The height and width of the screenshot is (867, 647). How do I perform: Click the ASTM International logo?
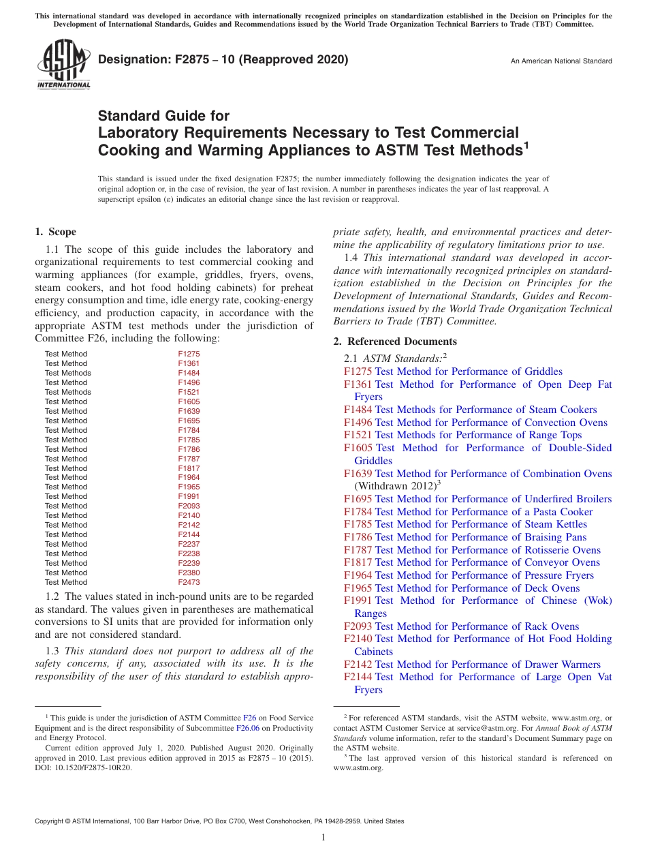[x=63, y=64]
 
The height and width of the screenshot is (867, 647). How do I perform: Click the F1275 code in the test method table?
[x=189, y=354]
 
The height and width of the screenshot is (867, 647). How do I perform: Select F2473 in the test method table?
[x=189, y=582]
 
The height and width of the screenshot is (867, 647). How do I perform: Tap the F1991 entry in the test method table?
[x=189, y=496]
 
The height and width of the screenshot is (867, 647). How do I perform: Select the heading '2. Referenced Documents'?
[x=395, y=341]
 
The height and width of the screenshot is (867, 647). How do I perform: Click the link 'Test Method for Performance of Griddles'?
[x=469, y=371]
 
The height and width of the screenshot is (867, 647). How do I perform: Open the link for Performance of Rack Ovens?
[x=477, y=626]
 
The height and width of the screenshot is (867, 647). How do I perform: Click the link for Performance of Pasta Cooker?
[x=484, y=512]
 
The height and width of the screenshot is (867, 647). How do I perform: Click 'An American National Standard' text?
[x=561, y=61]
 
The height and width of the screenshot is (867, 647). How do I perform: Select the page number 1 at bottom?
[x=323, y=838]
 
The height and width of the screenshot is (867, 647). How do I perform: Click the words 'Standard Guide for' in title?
[x=163, y=116]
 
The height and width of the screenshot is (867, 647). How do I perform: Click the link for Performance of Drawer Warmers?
[x=488, y=665]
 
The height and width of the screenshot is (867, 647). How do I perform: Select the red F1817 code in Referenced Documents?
[x=358, y=562]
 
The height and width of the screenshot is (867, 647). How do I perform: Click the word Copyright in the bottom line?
[x=51, y=821]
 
